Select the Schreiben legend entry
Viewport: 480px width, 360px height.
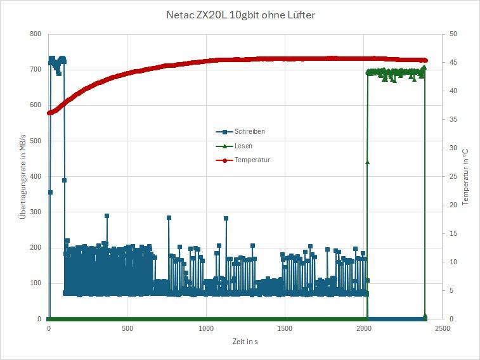[x=249, y=131]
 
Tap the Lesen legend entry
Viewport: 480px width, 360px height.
[x=243, y=146]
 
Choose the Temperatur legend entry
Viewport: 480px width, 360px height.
[x=252, y=160]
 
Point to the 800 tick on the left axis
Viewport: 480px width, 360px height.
[x=36, y=34]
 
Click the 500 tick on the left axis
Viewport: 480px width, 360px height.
[x=36, y=141]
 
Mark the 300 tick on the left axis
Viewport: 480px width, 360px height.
[x=36, y=212]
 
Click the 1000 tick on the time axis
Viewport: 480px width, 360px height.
[x=206, y=329]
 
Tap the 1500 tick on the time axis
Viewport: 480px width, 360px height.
[x=285, y=329]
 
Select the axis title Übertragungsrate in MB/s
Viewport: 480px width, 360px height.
[x=23, y=176]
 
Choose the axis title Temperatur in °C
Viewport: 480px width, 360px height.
[x=465, y=176]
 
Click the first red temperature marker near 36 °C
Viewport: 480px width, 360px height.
[x=49, y=113]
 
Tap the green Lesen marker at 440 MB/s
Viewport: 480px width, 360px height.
[x=367, y=162]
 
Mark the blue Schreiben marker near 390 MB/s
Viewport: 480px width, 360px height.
[x=64, y=180]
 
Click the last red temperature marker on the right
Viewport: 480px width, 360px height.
[x=425, y=61]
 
